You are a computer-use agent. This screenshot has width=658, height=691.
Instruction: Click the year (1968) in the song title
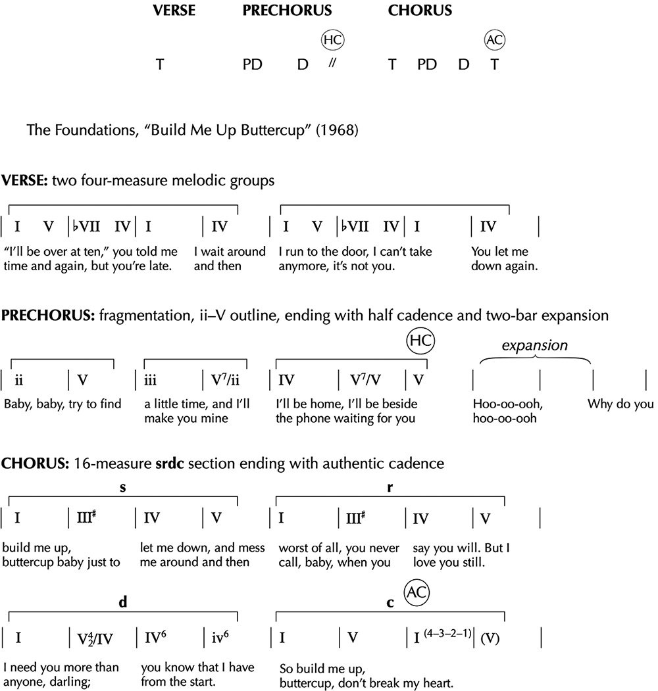pyautogui.click(x=337, y=130)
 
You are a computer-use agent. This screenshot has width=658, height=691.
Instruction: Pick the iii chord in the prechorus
pyautogui.click(x=151, y=381)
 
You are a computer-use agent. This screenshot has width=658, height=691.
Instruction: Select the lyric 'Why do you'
pyautogui.click(x=620, y=404)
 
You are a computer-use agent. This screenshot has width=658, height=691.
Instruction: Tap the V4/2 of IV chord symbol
pyautogui.click(x=91, y=638)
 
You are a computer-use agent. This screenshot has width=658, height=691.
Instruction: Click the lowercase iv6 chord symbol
pyautogui.click(x=220, y=638)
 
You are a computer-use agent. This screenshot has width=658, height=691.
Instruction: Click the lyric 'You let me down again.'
pyautogui.click(x=500, y=259)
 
